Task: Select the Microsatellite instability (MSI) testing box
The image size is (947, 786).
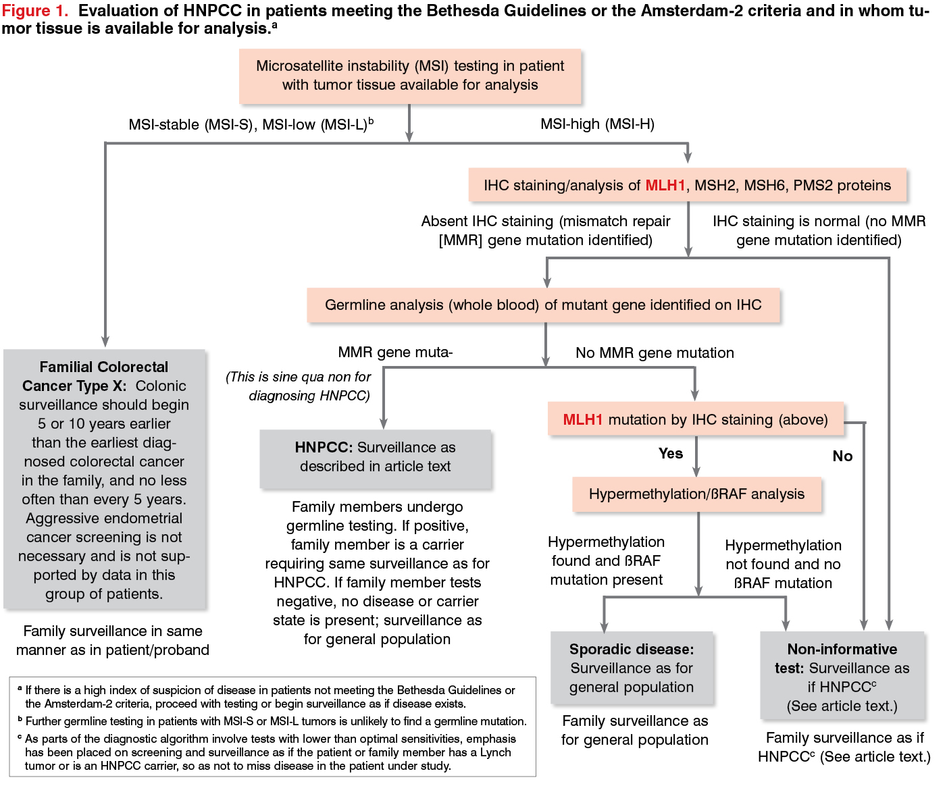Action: coord(410,76)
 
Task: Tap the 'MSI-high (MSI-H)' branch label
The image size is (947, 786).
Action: coord(597,124)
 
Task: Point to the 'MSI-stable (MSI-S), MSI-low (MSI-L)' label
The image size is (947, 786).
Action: coord(251,124)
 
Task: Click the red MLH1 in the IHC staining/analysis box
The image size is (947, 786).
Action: coord(665,185)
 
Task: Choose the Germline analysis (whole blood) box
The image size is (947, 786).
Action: coord(543,305)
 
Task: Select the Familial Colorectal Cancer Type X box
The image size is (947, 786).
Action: coord(104,479)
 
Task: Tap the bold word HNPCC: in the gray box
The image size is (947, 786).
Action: coord(324,447)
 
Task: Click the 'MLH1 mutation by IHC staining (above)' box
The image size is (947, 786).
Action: coord(696,419)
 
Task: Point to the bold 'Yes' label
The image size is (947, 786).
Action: coord(671,453)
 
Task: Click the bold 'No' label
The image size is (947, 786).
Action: coord(842,456)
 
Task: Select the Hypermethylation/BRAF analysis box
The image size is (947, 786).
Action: coord(696,494)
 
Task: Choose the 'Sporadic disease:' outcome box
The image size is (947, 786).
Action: coord(632,668)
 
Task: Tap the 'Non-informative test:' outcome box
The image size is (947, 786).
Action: coord(842,676)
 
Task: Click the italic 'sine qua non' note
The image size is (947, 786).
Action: coord(299,386)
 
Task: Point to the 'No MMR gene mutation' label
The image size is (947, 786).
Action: coord(655,352)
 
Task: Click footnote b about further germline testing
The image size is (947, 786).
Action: coord(272,721)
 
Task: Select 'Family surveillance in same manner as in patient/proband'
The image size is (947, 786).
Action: coord(113,640)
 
